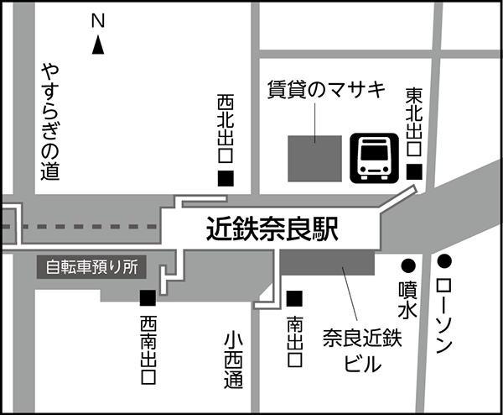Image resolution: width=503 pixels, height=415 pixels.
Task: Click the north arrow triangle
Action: coord(98,49)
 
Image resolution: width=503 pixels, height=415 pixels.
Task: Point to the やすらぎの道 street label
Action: coord(51,123)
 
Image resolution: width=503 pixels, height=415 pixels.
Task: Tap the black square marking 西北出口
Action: coord(226,178)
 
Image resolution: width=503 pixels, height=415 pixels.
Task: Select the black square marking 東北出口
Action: coord(414,171)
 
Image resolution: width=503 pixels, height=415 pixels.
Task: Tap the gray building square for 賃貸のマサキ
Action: coord(315,158)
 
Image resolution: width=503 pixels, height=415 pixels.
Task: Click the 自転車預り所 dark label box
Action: coord(91,269)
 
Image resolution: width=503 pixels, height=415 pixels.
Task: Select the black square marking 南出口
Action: coord(294,297)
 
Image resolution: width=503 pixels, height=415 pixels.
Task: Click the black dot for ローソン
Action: coord(444,261)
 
